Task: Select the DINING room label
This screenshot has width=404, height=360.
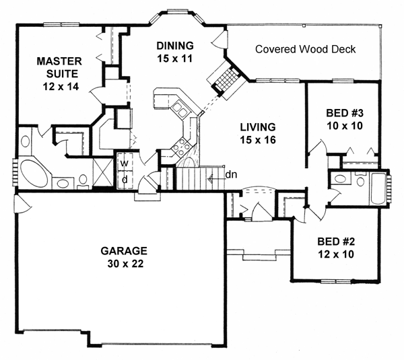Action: [175, 46]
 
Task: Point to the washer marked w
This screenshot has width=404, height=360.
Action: [124, 164]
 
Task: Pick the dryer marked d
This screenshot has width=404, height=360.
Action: [124, 179]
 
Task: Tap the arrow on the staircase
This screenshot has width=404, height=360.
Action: [213, 179]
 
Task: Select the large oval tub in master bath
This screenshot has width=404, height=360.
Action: [32, 173]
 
